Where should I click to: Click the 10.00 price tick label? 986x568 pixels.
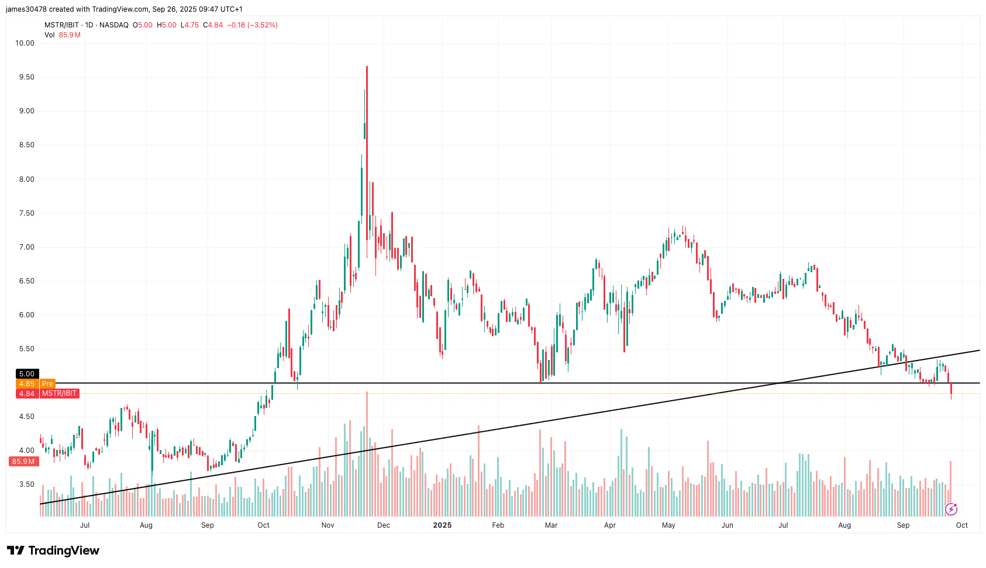25,43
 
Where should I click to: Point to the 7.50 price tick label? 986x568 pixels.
26,213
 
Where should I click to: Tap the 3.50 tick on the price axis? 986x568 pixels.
26,484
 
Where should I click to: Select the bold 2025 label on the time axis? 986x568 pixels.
442,525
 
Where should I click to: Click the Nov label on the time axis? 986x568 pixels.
327,525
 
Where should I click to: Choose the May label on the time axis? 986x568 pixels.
668,525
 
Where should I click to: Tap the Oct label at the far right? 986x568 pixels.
961,525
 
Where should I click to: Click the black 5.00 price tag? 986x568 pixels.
27,374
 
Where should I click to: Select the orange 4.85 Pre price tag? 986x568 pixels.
36,384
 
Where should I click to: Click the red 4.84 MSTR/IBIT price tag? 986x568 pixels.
47,394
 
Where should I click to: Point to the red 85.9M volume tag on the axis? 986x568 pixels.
24,462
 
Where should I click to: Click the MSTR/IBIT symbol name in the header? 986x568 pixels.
61,25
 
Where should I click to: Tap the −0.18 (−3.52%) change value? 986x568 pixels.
252,25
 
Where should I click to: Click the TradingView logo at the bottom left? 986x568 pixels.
53,550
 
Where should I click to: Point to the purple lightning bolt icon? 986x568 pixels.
951,509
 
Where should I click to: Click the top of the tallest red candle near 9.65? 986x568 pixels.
367,68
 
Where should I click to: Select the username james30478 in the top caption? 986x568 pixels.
26,9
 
